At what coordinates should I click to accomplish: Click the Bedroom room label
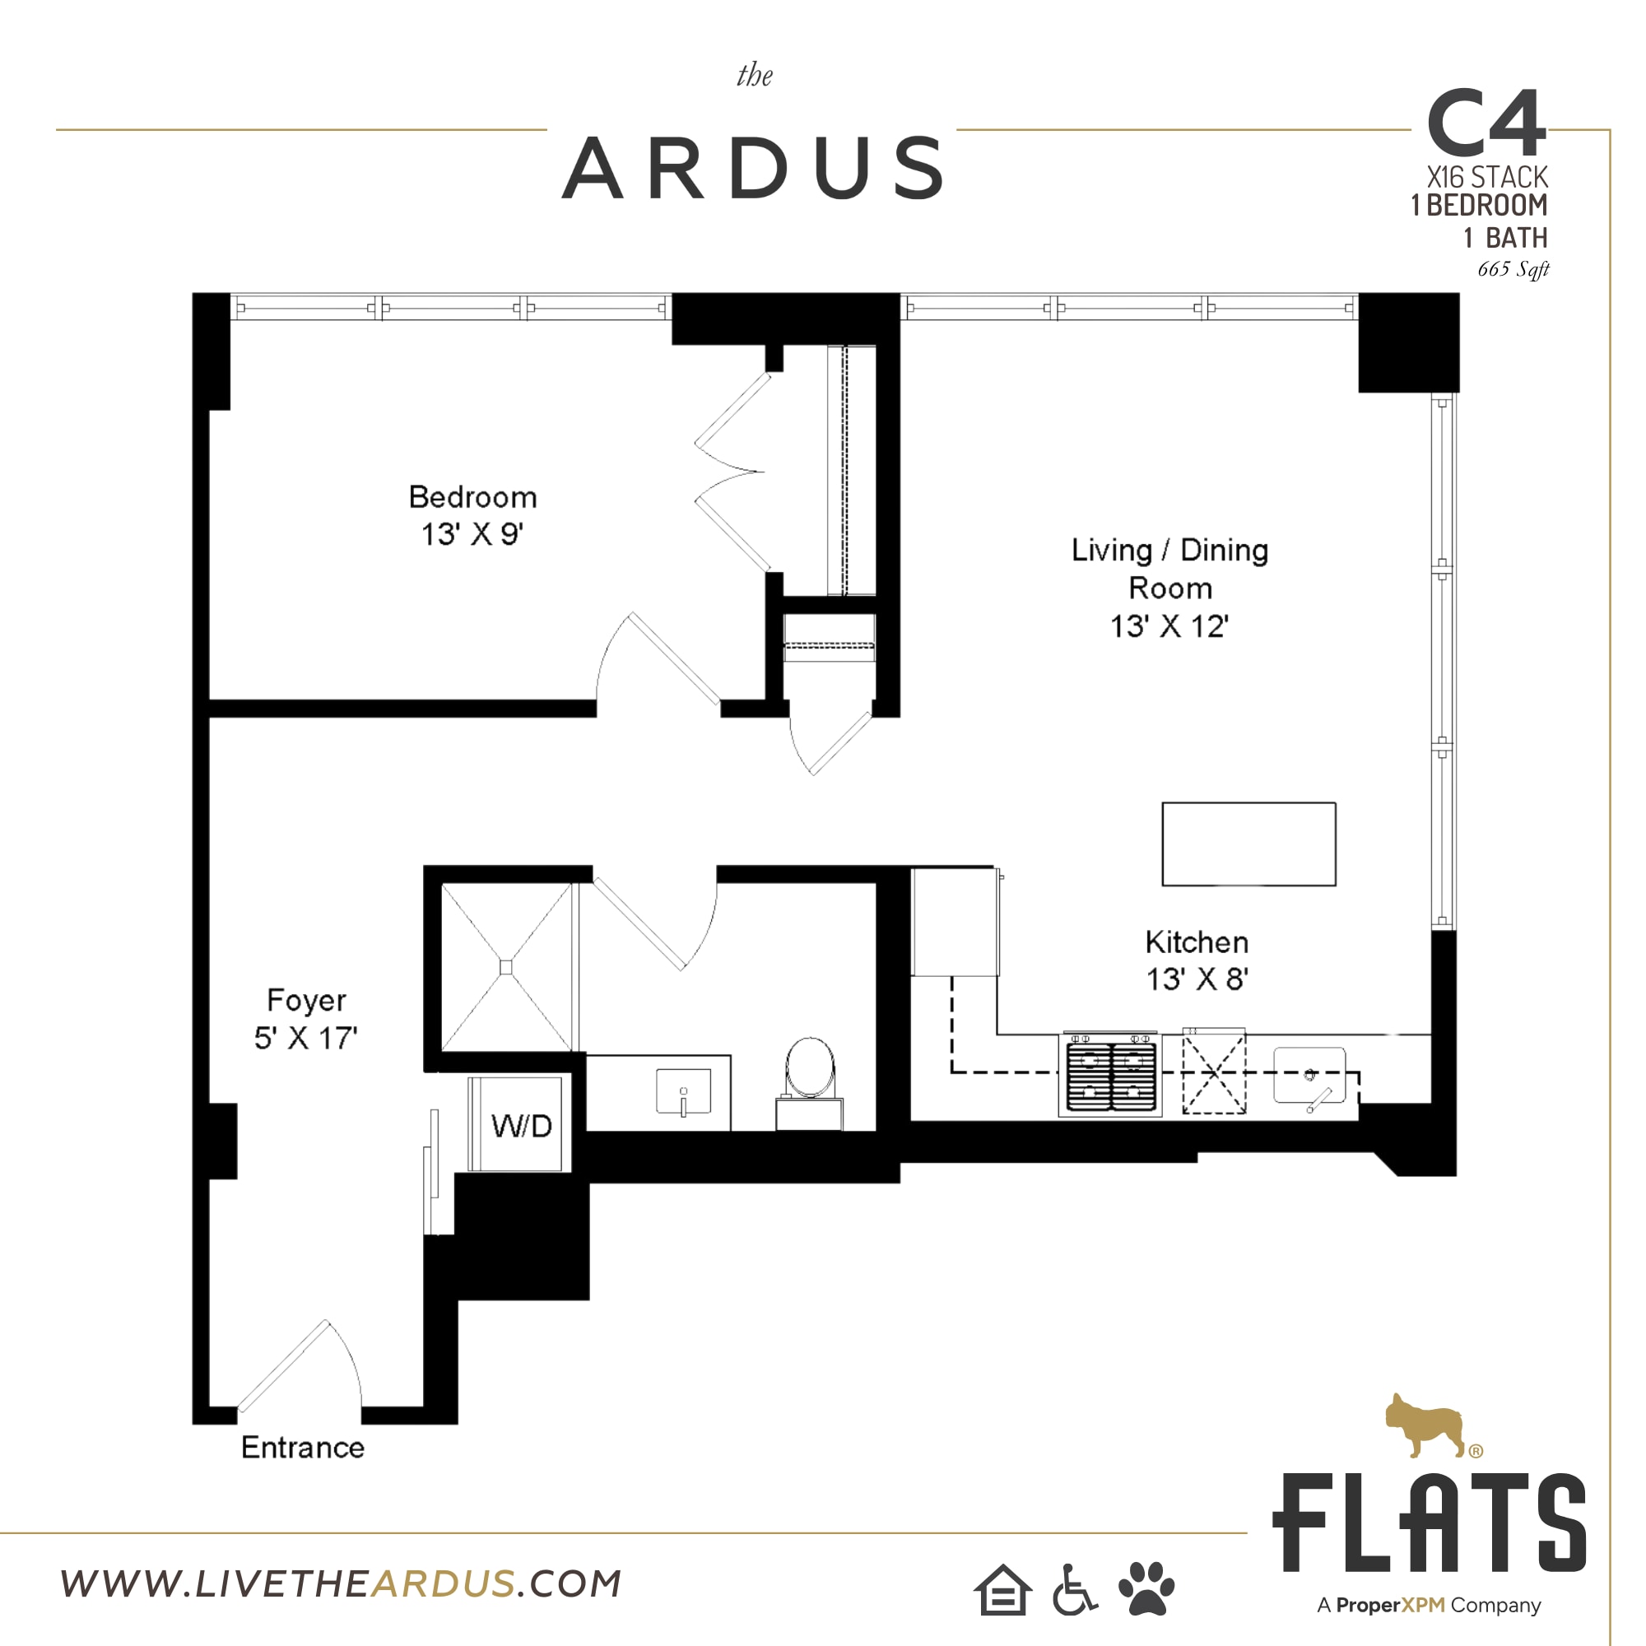click(473, 497)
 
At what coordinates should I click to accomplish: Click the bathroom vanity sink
click(683, 1092)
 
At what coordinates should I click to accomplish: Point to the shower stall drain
click(506, 967)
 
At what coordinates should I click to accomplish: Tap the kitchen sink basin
click(1309, 1076)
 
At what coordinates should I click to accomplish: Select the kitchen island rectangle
click(1248, 844)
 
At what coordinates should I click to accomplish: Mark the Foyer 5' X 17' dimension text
click(306, 1038)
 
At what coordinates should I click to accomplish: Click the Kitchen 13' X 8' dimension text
click(1196, 979)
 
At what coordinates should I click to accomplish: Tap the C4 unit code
click(1486, 124)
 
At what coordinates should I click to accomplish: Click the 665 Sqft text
click(1513, 269)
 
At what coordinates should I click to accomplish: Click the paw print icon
click(1146, 1588)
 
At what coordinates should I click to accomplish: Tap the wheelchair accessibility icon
click(1073, 1590)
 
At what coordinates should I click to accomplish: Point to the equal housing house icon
click(1002, 1591)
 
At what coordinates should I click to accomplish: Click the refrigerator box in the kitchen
click(954, 922)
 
